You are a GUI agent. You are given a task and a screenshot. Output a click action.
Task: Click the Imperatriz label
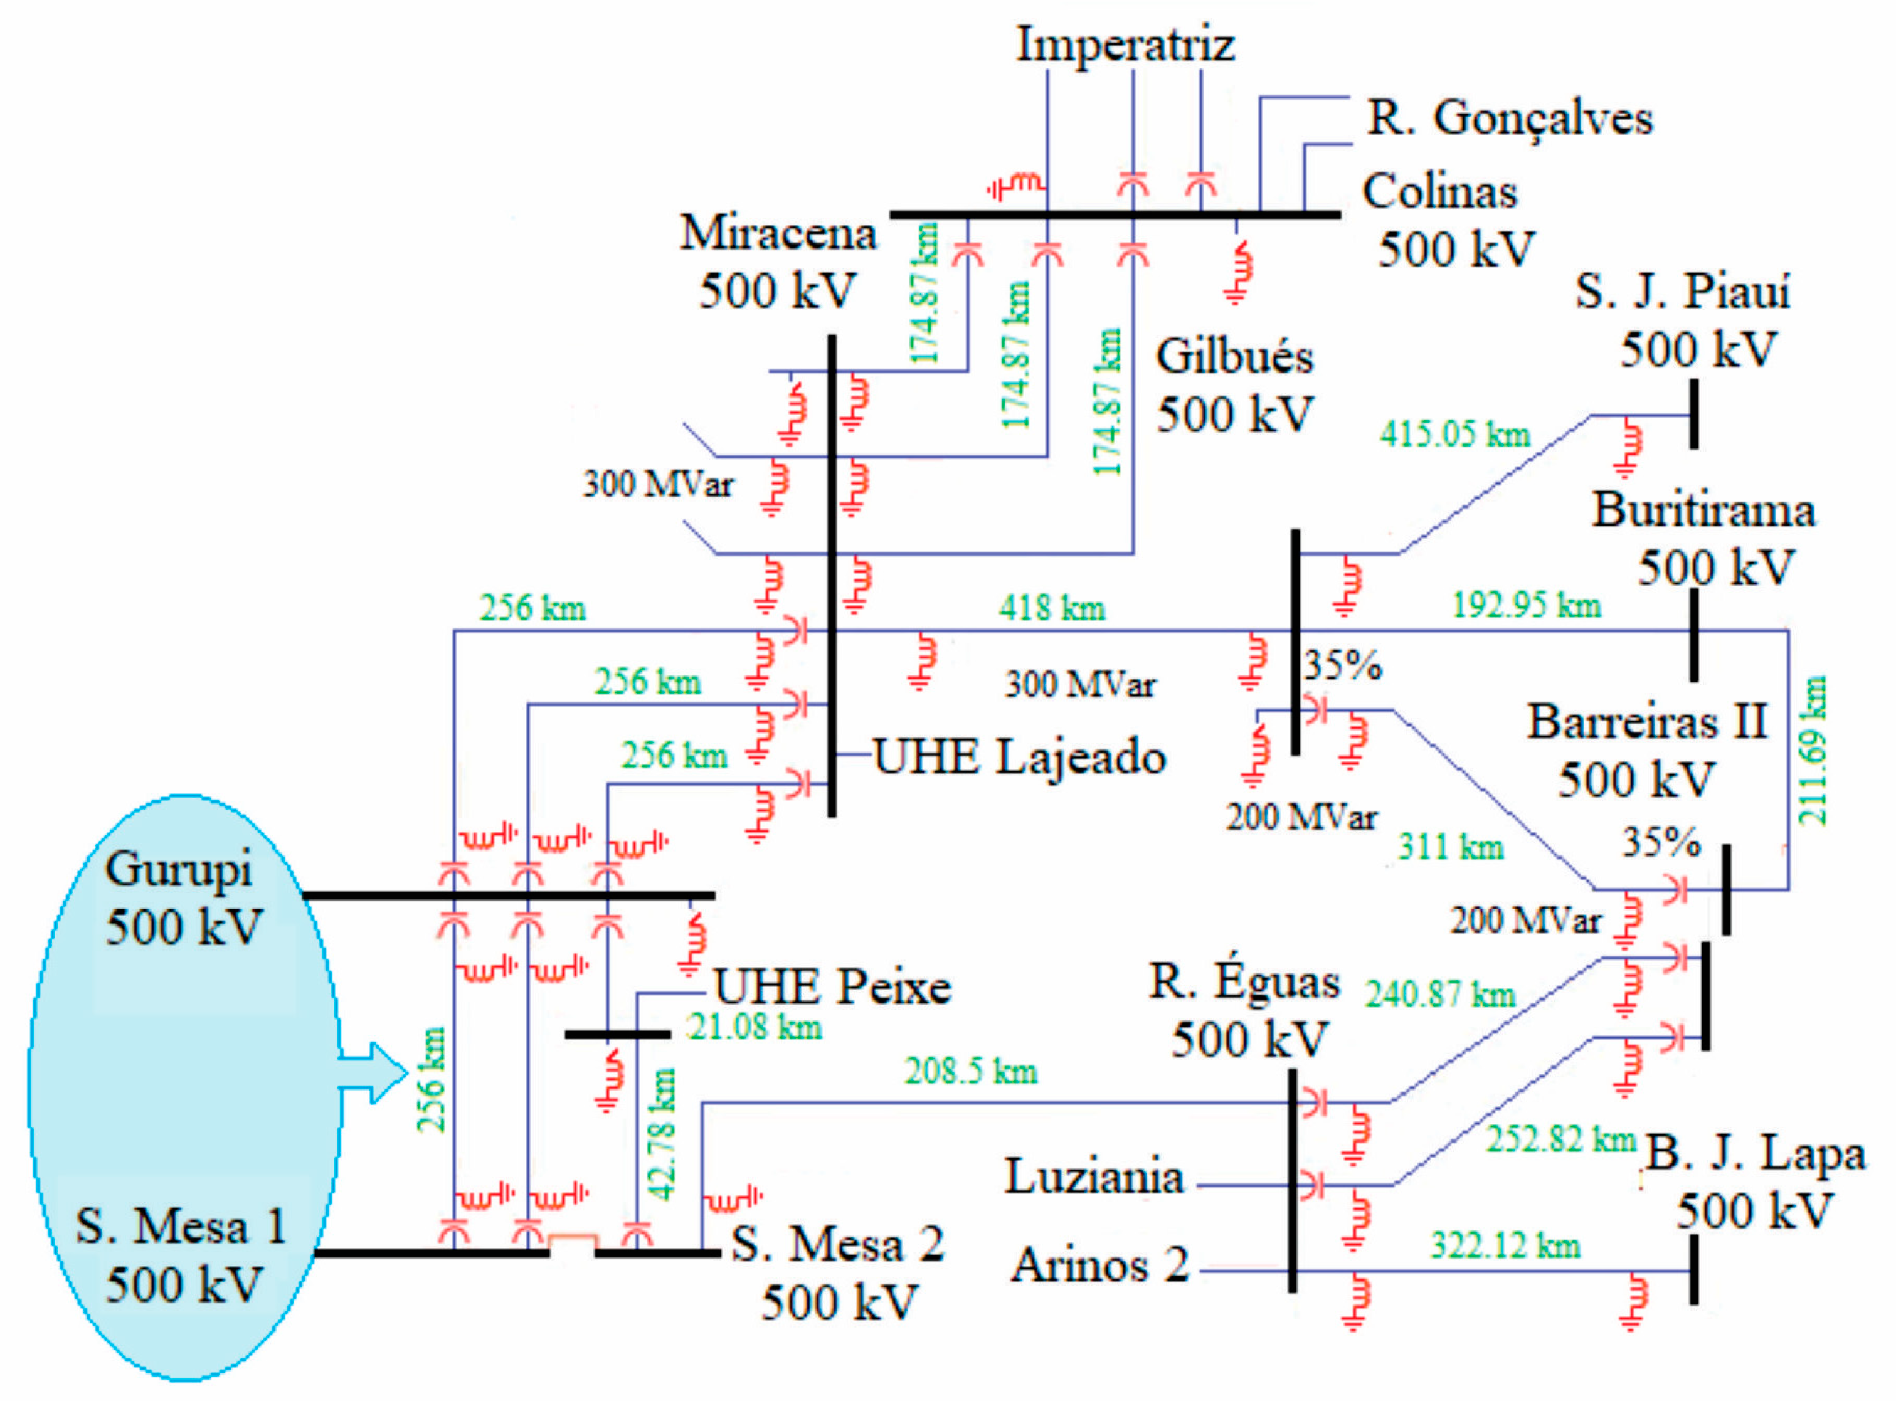(1125, 45)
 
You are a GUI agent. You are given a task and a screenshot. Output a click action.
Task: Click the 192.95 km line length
(1526, 605)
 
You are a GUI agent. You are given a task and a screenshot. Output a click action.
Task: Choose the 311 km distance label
(1450, 847)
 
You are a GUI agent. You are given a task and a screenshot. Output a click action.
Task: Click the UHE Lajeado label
(1019, 756)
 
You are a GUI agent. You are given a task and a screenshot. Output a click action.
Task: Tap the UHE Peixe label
(832, 987)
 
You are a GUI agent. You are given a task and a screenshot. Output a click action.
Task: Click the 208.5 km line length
(971, 1072)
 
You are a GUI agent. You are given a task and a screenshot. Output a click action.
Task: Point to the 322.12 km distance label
(1505, 1246)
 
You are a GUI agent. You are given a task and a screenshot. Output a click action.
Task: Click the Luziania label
(1094, 1177)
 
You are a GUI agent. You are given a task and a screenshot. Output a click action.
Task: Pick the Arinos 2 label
(1099, 1265)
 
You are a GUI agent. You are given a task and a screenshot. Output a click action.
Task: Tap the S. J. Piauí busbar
(1693, 415)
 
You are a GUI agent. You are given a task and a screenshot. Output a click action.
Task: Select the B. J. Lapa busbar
(1693, 1269)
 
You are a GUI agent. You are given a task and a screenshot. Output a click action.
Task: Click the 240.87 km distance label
(1440, 994)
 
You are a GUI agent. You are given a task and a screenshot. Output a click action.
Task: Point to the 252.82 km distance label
(1560, 1139)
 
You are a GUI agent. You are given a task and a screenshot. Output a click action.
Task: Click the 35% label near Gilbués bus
(1342, 665)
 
